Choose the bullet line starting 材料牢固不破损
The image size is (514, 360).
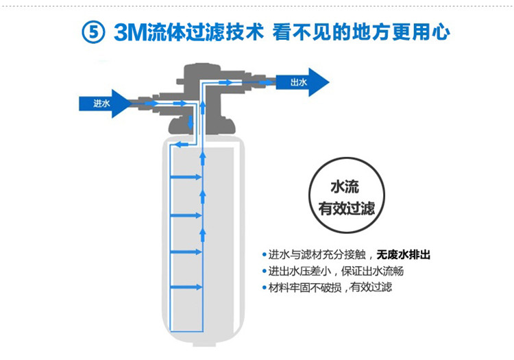point(330,287)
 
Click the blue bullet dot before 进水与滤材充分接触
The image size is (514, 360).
point(265,254)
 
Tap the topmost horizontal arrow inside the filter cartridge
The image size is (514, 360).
point(186,178)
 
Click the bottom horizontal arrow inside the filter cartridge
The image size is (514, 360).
point(186,287)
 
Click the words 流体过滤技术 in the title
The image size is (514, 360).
point(206,32)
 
